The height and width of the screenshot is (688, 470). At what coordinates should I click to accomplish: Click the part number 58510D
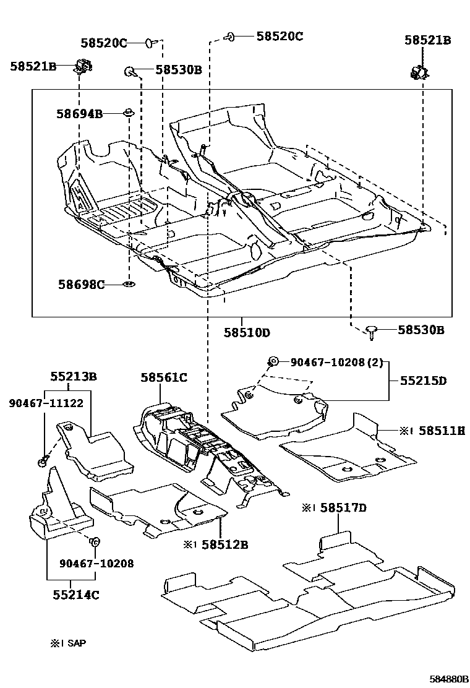click(x=247, y=332)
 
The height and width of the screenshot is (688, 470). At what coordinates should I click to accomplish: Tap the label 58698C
click(x=81, y=285)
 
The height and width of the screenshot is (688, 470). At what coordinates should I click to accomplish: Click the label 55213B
click(x=74, y=376)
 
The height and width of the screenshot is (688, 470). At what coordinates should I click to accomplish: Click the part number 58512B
click(x=224, y=544)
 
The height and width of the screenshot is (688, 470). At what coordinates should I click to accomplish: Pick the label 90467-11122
click(x=46, y=403)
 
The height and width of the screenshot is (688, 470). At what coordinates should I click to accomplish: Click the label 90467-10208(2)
click(x=336, y=362)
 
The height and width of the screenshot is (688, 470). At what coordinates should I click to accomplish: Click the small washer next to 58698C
click(x=129, y=285)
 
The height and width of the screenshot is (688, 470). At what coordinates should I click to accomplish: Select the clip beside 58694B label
click(x=128, y=113)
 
